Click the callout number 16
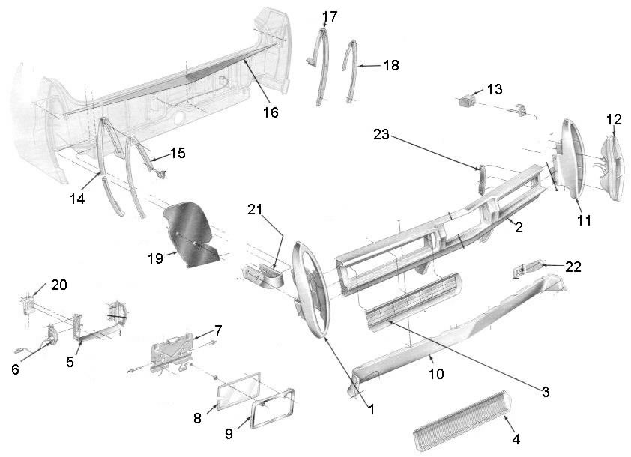(270, 112)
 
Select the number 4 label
(516, 438)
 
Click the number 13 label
(495, 89)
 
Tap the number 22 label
(574, 266)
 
